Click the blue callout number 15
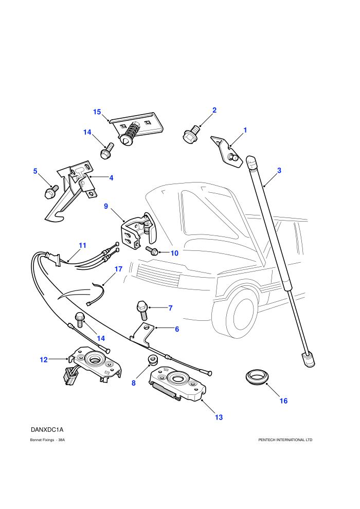(x=97, y=112)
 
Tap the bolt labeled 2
(x=191, y=134)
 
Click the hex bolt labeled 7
(x=142, y=310)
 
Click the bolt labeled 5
(x=51, y=191)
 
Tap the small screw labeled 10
(x=152, y=250)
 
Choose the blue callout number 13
(x=219, y=417)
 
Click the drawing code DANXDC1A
(x=47, y=430)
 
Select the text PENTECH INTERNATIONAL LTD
(x=285, y=440)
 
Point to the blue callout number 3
(x=279, y=170)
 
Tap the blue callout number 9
(x=106, y=206)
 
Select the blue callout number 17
(x=118, y=269)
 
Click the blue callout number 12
(x=44, y=360)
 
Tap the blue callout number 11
(x=82, y=245)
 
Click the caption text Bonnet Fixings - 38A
(x=47, y=440)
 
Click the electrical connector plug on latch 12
(x=69, y=376)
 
